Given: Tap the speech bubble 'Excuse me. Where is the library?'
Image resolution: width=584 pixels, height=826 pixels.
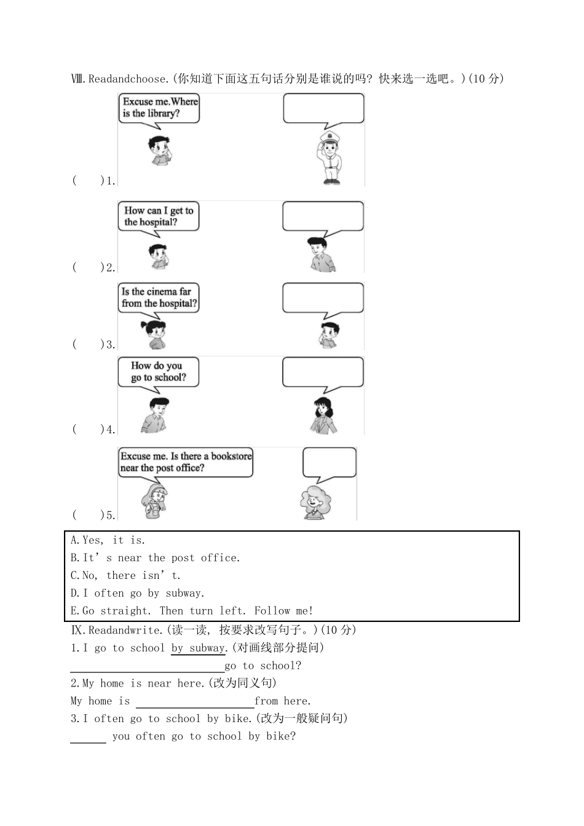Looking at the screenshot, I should pos(159,108).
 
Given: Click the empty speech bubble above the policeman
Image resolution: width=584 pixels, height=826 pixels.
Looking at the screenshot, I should pos(323,108).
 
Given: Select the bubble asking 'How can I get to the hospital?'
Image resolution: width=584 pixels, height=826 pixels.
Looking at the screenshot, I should pos(159,216).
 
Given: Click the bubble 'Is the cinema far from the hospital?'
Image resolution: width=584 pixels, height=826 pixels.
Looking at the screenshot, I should pos(159,297).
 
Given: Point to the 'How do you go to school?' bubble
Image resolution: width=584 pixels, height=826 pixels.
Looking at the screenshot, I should pos(158,372).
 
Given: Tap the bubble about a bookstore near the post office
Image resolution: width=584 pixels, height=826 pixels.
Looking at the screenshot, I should pos(186,462).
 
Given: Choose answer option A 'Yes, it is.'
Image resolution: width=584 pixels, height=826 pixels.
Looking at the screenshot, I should pos(108,540).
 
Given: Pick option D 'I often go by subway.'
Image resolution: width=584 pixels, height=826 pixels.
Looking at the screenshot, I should pos(138,593).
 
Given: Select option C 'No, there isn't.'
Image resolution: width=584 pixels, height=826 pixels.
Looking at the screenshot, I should pos(125,576).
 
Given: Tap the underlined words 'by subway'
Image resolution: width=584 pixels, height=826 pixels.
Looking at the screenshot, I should pos(199,648).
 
